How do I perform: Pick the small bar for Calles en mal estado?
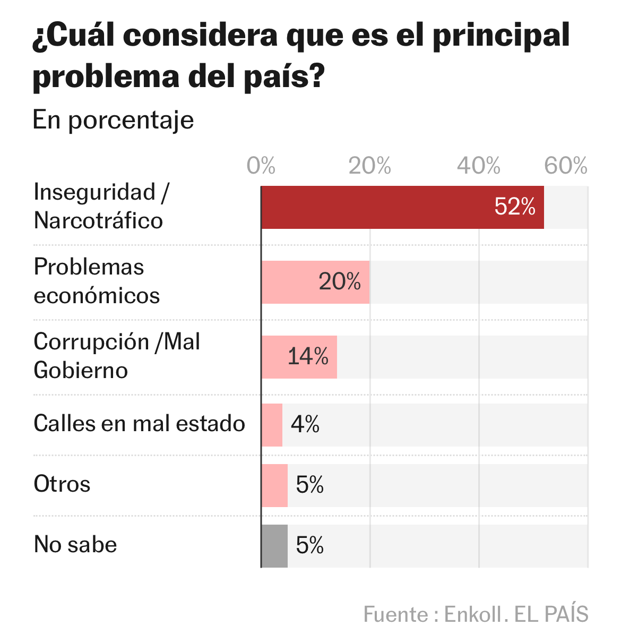(272, 425)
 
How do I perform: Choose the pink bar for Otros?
(274, 485)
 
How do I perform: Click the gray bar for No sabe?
(274, 546)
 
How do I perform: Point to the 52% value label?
(514, 207)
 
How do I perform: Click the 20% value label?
(340, 282)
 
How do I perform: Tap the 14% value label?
(308, 356)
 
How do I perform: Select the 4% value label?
(305, 424)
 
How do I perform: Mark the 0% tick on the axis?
(261, 166)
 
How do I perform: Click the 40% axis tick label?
(479, 166)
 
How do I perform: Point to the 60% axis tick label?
(566, 166)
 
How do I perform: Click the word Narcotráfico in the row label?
(98, 221)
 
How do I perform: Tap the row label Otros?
(62, 484)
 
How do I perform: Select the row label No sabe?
(75, 545)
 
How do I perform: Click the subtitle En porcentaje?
(113, 120)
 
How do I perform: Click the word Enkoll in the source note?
(472, 614)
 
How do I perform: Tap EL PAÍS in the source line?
(551, 614)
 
